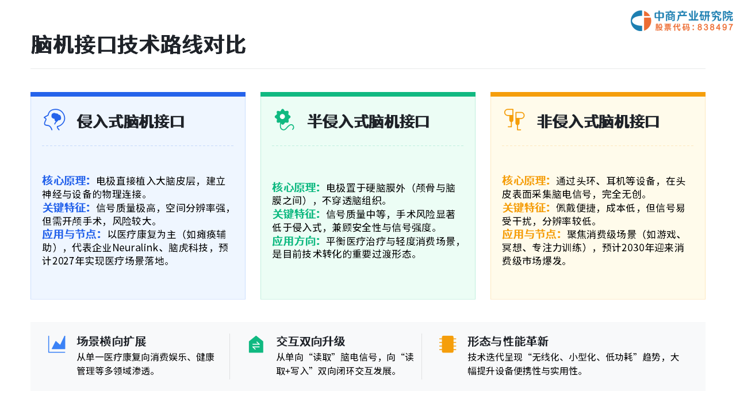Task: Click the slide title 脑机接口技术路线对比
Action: (138, 45)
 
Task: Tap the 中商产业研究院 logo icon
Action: (641, 21)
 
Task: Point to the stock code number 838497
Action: (715, 27)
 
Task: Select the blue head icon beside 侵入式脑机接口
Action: (54, 120)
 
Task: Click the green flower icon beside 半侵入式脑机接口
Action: (284, 120)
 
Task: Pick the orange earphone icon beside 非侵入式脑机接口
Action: (514, 120)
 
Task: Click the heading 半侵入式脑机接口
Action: (369, 121)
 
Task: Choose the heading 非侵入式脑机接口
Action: (599, 121)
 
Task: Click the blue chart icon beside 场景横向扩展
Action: (57, 344)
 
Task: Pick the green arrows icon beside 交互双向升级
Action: (256, 344)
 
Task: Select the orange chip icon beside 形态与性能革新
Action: (447, 344)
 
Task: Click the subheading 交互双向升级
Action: (310, 342)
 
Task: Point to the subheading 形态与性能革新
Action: (508, 342)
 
